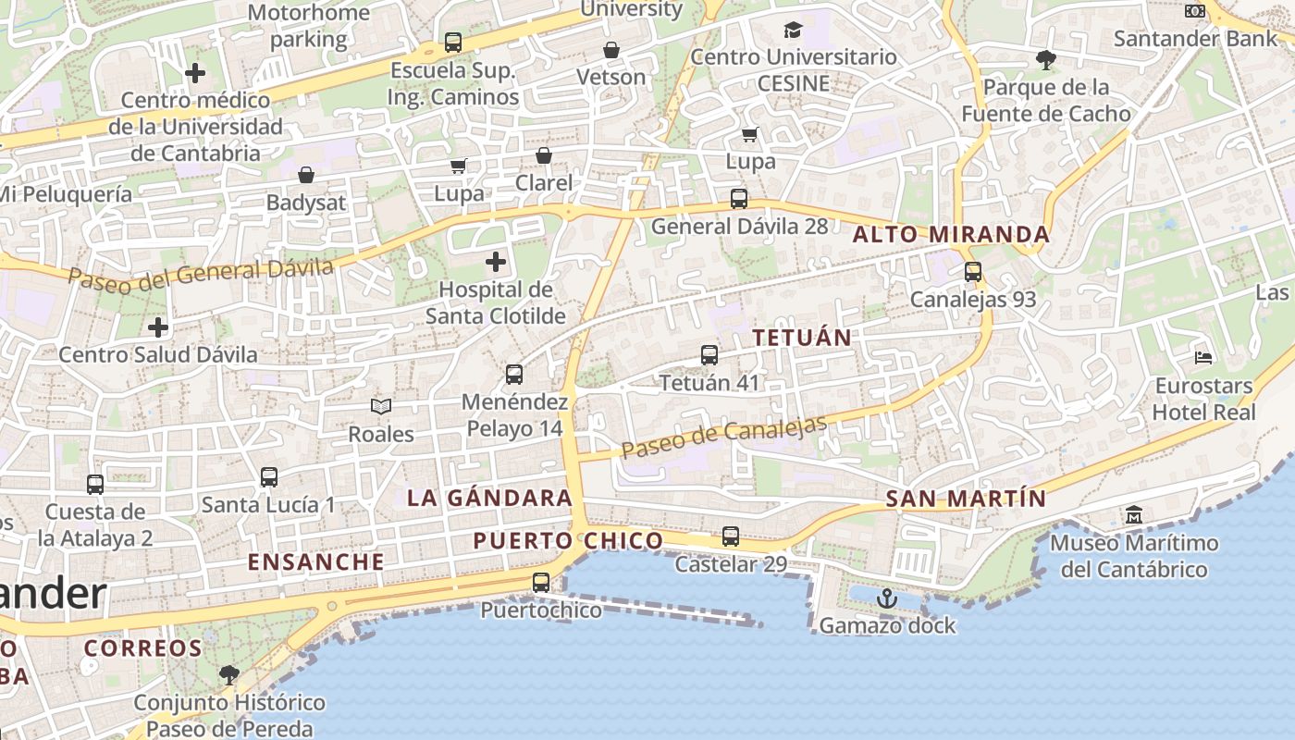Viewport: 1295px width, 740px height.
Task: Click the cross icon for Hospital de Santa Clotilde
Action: click(x=496, y=262)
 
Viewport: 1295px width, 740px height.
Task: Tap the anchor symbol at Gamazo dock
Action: click(x=887, y=598)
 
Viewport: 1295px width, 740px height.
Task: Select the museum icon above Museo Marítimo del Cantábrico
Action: click(x=1134, y=514)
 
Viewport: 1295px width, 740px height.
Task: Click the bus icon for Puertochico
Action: click(x=541, y=583)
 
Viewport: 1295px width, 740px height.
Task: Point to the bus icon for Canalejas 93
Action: click(x=972, y=272)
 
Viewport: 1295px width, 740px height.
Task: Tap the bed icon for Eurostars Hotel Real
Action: click(x=1203, y=357)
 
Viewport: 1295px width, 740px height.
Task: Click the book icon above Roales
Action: click(x=381, y=406)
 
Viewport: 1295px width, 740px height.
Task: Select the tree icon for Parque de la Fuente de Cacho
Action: click(x=1046, y=61)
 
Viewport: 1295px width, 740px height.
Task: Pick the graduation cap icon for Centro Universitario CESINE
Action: click(x=793, y=31)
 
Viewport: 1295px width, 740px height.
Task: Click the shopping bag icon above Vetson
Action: click(x=610, y=50)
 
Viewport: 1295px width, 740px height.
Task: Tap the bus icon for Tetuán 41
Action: click(x=709, y=354)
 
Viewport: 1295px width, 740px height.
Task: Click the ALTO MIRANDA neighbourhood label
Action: click(x=951, y=235)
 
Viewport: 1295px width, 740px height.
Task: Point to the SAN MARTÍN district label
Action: click(x=966, y=499)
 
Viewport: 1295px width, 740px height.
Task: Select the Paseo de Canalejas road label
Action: click(x=723, y=438)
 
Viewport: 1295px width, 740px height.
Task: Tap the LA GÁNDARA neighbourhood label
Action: click(x=489, y=498)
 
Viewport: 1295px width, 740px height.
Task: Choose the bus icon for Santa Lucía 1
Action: click(x=269, y=477)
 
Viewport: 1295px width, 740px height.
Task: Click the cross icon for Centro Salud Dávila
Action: click(x=158, y=327)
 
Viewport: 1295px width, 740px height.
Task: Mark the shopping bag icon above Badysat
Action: click(x=306, y=175)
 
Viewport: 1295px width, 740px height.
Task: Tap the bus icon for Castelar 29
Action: click(x=731, y=536)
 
